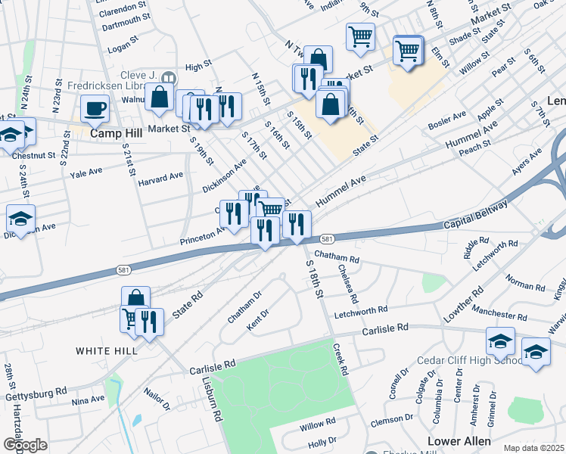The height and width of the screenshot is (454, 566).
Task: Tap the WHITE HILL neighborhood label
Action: coord(106,351)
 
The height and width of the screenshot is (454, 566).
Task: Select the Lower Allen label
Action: coord(459,441)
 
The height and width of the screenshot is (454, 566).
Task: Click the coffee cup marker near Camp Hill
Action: coord(95,109)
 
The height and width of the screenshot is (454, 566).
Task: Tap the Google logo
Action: coord(25,445)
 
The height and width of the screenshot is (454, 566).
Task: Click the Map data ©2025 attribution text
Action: coord(534,448)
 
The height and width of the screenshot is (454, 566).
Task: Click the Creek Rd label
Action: coord(342,359)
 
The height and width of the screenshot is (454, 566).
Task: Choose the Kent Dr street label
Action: coord(258,318)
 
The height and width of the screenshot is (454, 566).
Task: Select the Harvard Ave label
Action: coord(160,177)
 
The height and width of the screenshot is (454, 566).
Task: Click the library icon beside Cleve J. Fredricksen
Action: coord(169,76)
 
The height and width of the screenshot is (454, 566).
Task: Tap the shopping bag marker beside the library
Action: coord(160,97)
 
